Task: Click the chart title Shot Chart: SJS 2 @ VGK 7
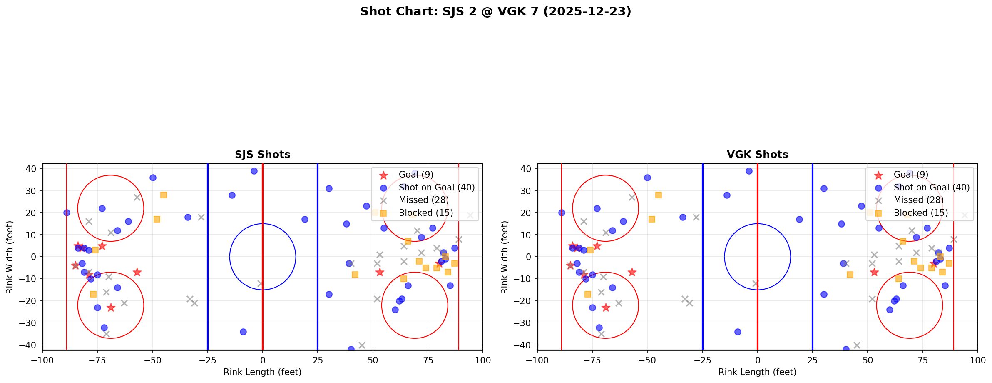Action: tap(495, 12)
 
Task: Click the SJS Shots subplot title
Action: tap(262, 155)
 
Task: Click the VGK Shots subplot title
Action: tap(757, 155)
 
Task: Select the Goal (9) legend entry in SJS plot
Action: tap(416, 175)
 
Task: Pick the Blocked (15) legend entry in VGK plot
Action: tap(920, 213)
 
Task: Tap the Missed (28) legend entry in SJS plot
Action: tap(423, 200)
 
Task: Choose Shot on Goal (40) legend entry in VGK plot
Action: tap(931, 188)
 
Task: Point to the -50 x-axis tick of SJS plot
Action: tap(153, 360)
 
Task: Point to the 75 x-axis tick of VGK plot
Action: tap(922, 360)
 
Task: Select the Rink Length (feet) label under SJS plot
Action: tap(262, 372)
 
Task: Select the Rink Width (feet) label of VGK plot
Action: tap(505, 257)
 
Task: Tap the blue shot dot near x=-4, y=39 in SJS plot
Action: tap(254, 171)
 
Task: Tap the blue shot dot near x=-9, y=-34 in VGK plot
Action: tap(738, 332)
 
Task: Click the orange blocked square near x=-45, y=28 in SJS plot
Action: tap(164, 195)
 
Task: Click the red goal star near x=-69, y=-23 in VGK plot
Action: tap(606, 308)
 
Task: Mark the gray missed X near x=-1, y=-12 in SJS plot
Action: tap(261, 283)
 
